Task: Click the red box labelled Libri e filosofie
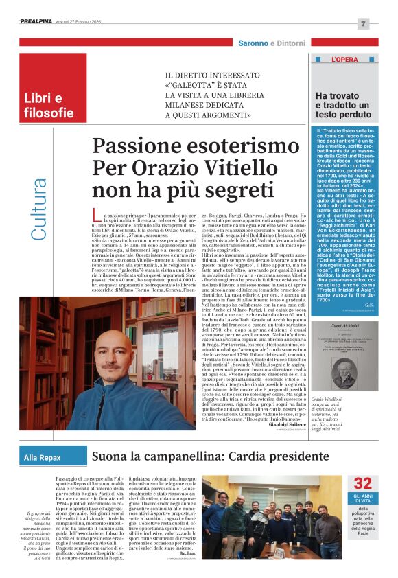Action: [x=49, y=105]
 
